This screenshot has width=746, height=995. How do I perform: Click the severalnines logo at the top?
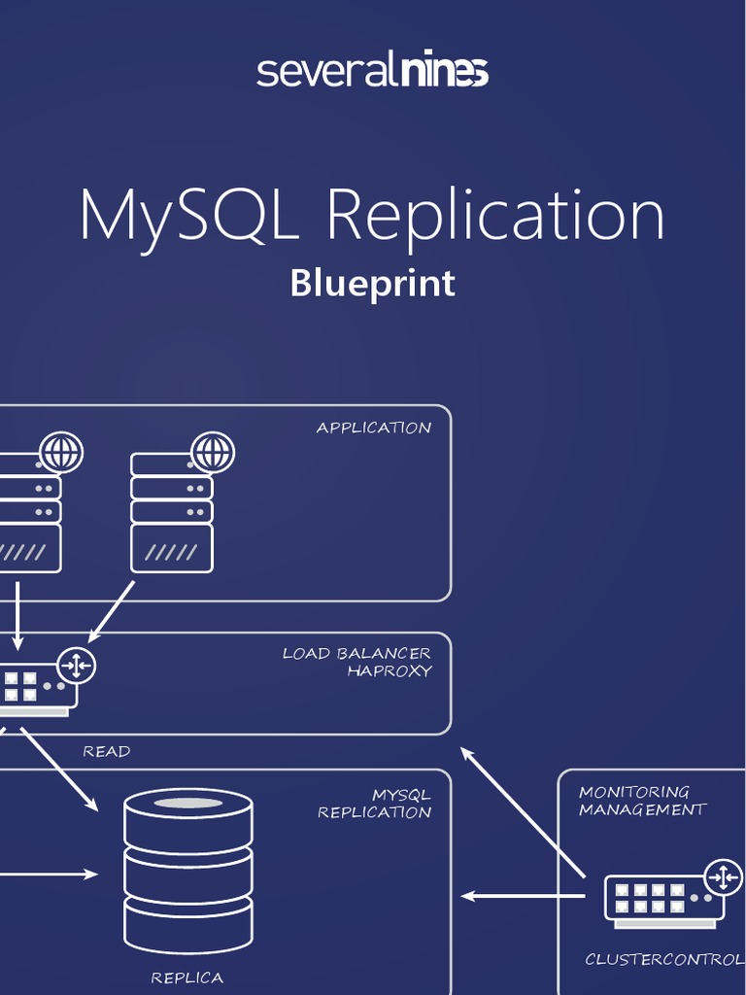click(372, 71)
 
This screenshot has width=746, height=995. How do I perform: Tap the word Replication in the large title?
click(495, 216)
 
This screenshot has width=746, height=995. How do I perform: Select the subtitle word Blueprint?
click(372, 283)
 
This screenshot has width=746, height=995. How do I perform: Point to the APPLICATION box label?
click(373, 428)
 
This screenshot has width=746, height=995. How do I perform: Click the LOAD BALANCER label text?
click(356, 653)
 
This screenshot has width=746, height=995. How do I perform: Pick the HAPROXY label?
click(389, 671)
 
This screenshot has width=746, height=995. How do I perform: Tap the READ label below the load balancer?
click(106, 751)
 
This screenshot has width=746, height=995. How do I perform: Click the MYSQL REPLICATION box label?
click(375, 804)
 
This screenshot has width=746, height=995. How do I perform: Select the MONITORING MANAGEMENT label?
click(641, 801)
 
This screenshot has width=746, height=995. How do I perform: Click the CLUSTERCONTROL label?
click(664, 959)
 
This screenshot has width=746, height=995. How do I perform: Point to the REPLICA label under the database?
click(186, 978)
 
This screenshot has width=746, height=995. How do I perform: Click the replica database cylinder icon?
click(187, 871)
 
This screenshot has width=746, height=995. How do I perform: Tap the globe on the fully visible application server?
click(213, 452)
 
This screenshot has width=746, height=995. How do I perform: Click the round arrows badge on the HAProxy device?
click(76, 666)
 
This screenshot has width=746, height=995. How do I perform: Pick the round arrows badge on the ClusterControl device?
click(723, 876)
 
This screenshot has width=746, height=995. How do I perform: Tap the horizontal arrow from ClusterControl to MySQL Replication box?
click(523, 895)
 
